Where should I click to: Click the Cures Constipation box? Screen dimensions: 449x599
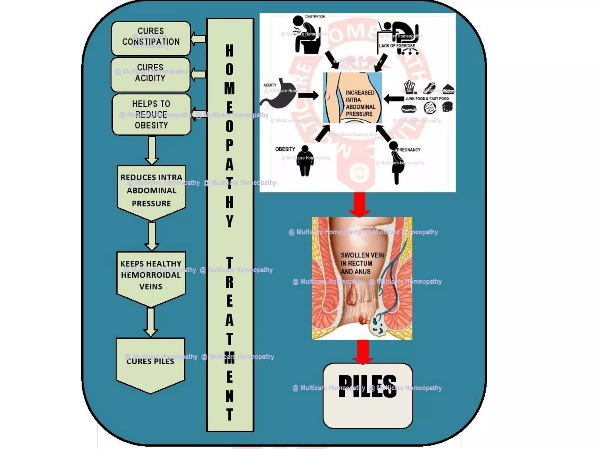click(x=151, y=38)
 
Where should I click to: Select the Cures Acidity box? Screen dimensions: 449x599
click(x=150, y=75)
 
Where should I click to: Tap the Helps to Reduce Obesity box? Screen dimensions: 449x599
click(x=152, y=114)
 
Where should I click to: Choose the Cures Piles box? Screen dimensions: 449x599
click(x=150, y=362)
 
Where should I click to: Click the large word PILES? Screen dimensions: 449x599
click(x=368, y=386)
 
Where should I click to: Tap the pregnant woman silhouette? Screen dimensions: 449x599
click(x=396, y=162)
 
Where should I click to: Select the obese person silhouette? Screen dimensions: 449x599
click(x=305, y=161)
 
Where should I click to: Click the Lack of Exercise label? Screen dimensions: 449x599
click(x=397, y=46)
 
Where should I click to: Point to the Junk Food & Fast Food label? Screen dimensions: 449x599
click(x=427, y=99)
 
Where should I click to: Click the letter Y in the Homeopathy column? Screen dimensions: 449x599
click(x=230, y=221)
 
